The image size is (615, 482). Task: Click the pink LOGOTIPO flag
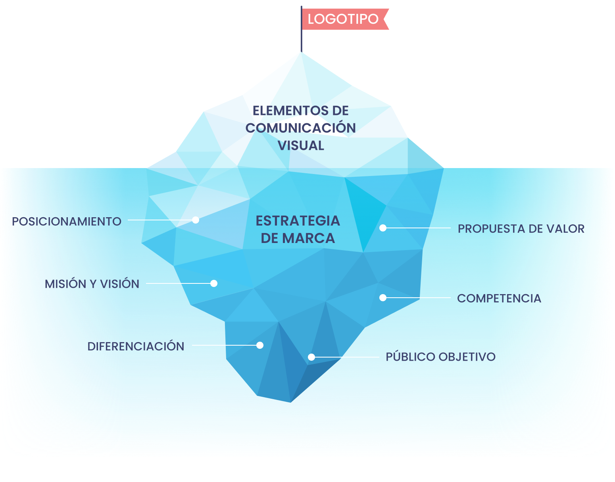point(344,19)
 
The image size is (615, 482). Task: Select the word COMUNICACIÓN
point(300,128)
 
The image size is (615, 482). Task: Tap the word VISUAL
point(301,145)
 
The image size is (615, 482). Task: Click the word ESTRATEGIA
point(298,221)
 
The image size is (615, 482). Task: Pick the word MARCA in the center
point(308,238)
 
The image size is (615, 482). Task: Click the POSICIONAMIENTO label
point(67,222)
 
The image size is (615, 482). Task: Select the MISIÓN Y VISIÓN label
point(92,284)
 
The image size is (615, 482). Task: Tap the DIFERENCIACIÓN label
point(136,346)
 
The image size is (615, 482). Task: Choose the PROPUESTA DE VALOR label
point(521,229)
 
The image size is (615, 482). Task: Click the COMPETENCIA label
point(499,298)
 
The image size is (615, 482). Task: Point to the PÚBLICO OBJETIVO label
point(440,357)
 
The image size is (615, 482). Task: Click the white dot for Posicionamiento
point(196,220)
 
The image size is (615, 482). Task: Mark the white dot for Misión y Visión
point(214,283)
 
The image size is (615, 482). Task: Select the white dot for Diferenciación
point(260,345)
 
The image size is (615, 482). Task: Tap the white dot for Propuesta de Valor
point(383,228)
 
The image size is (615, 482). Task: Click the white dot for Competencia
point(383,298)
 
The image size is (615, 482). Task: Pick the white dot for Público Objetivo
point(311,357)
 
